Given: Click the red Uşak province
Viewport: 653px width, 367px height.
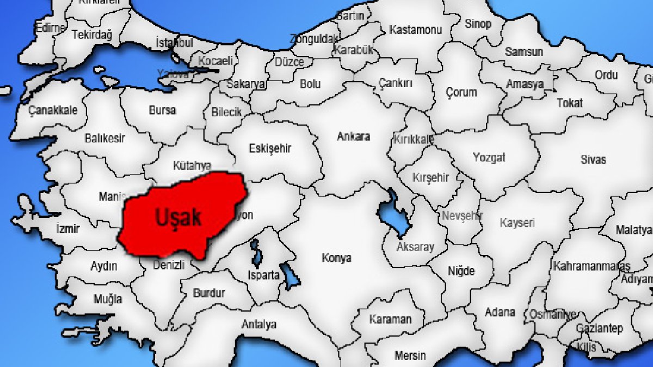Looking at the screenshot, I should pyautogui.click(x=180, y=217).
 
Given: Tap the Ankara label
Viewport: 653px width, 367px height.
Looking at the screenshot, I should pyautogui.click(x=353, y=136).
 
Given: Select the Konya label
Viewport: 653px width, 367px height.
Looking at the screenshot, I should pyautogui.click(x=336, y=258).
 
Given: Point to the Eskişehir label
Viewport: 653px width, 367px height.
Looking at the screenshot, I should pyautogui.click(x=270, y=148).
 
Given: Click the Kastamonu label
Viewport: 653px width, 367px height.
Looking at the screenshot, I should pyautogui.click(x=415, y=30).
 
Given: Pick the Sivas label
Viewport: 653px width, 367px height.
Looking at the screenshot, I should pyautogui.click(x=593, y=160).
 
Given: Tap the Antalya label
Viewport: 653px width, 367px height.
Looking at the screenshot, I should pyautogui.click(x=258, y=325).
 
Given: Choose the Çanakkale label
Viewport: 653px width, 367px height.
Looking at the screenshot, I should pyautogui.click(x=53, y=110).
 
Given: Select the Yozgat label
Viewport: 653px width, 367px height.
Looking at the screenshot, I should pyautogui.click(x=489, y=158).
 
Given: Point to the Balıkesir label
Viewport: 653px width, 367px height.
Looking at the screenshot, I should pyautogui.click(x=104, y=139).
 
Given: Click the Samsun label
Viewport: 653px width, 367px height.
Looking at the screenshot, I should pyautogui.click(x=523, y=52).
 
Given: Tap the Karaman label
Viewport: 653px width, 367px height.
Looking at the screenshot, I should pyautogui.click(x=390, y=319).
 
